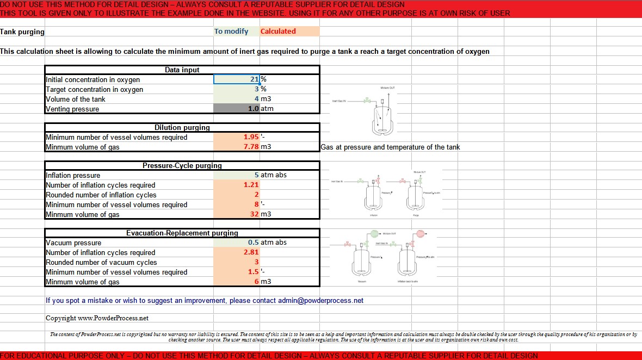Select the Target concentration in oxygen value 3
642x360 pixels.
click(x=255, y=89)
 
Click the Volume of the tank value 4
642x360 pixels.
click(x=256, y=99)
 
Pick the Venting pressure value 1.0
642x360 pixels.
click(x=253, y=109)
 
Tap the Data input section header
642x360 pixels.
click(x=182, y=70)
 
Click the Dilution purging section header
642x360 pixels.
click(x=182, y=127)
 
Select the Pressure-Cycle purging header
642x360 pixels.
click(x=182, y=165)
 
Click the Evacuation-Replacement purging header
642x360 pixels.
click(x=182, y=233)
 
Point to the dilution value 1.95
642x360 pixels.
click(x=251, y=137)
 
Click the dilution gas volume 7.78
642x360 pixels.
click(x=251, y=147)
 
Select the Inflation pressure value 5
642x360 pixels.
click(x=256, y=175)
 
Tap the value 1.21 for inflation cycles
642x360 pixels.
click(x=251, y=185)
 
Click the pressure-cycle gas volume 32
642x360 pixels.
click(x=254, y=214)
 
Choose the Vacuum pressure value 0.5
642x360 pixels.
click(x=253, y=243)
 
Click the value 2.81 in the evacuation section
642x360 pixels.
click(x=251, y=252)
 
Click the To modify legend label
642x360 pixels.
click(x=231, y=32)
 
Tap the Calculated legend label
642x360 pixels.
click(x=278, y=32)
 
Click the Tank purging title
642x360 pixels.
click(x=22, y=32)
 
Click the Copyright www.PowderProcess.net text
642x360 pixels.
click(x=97, y=318)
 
